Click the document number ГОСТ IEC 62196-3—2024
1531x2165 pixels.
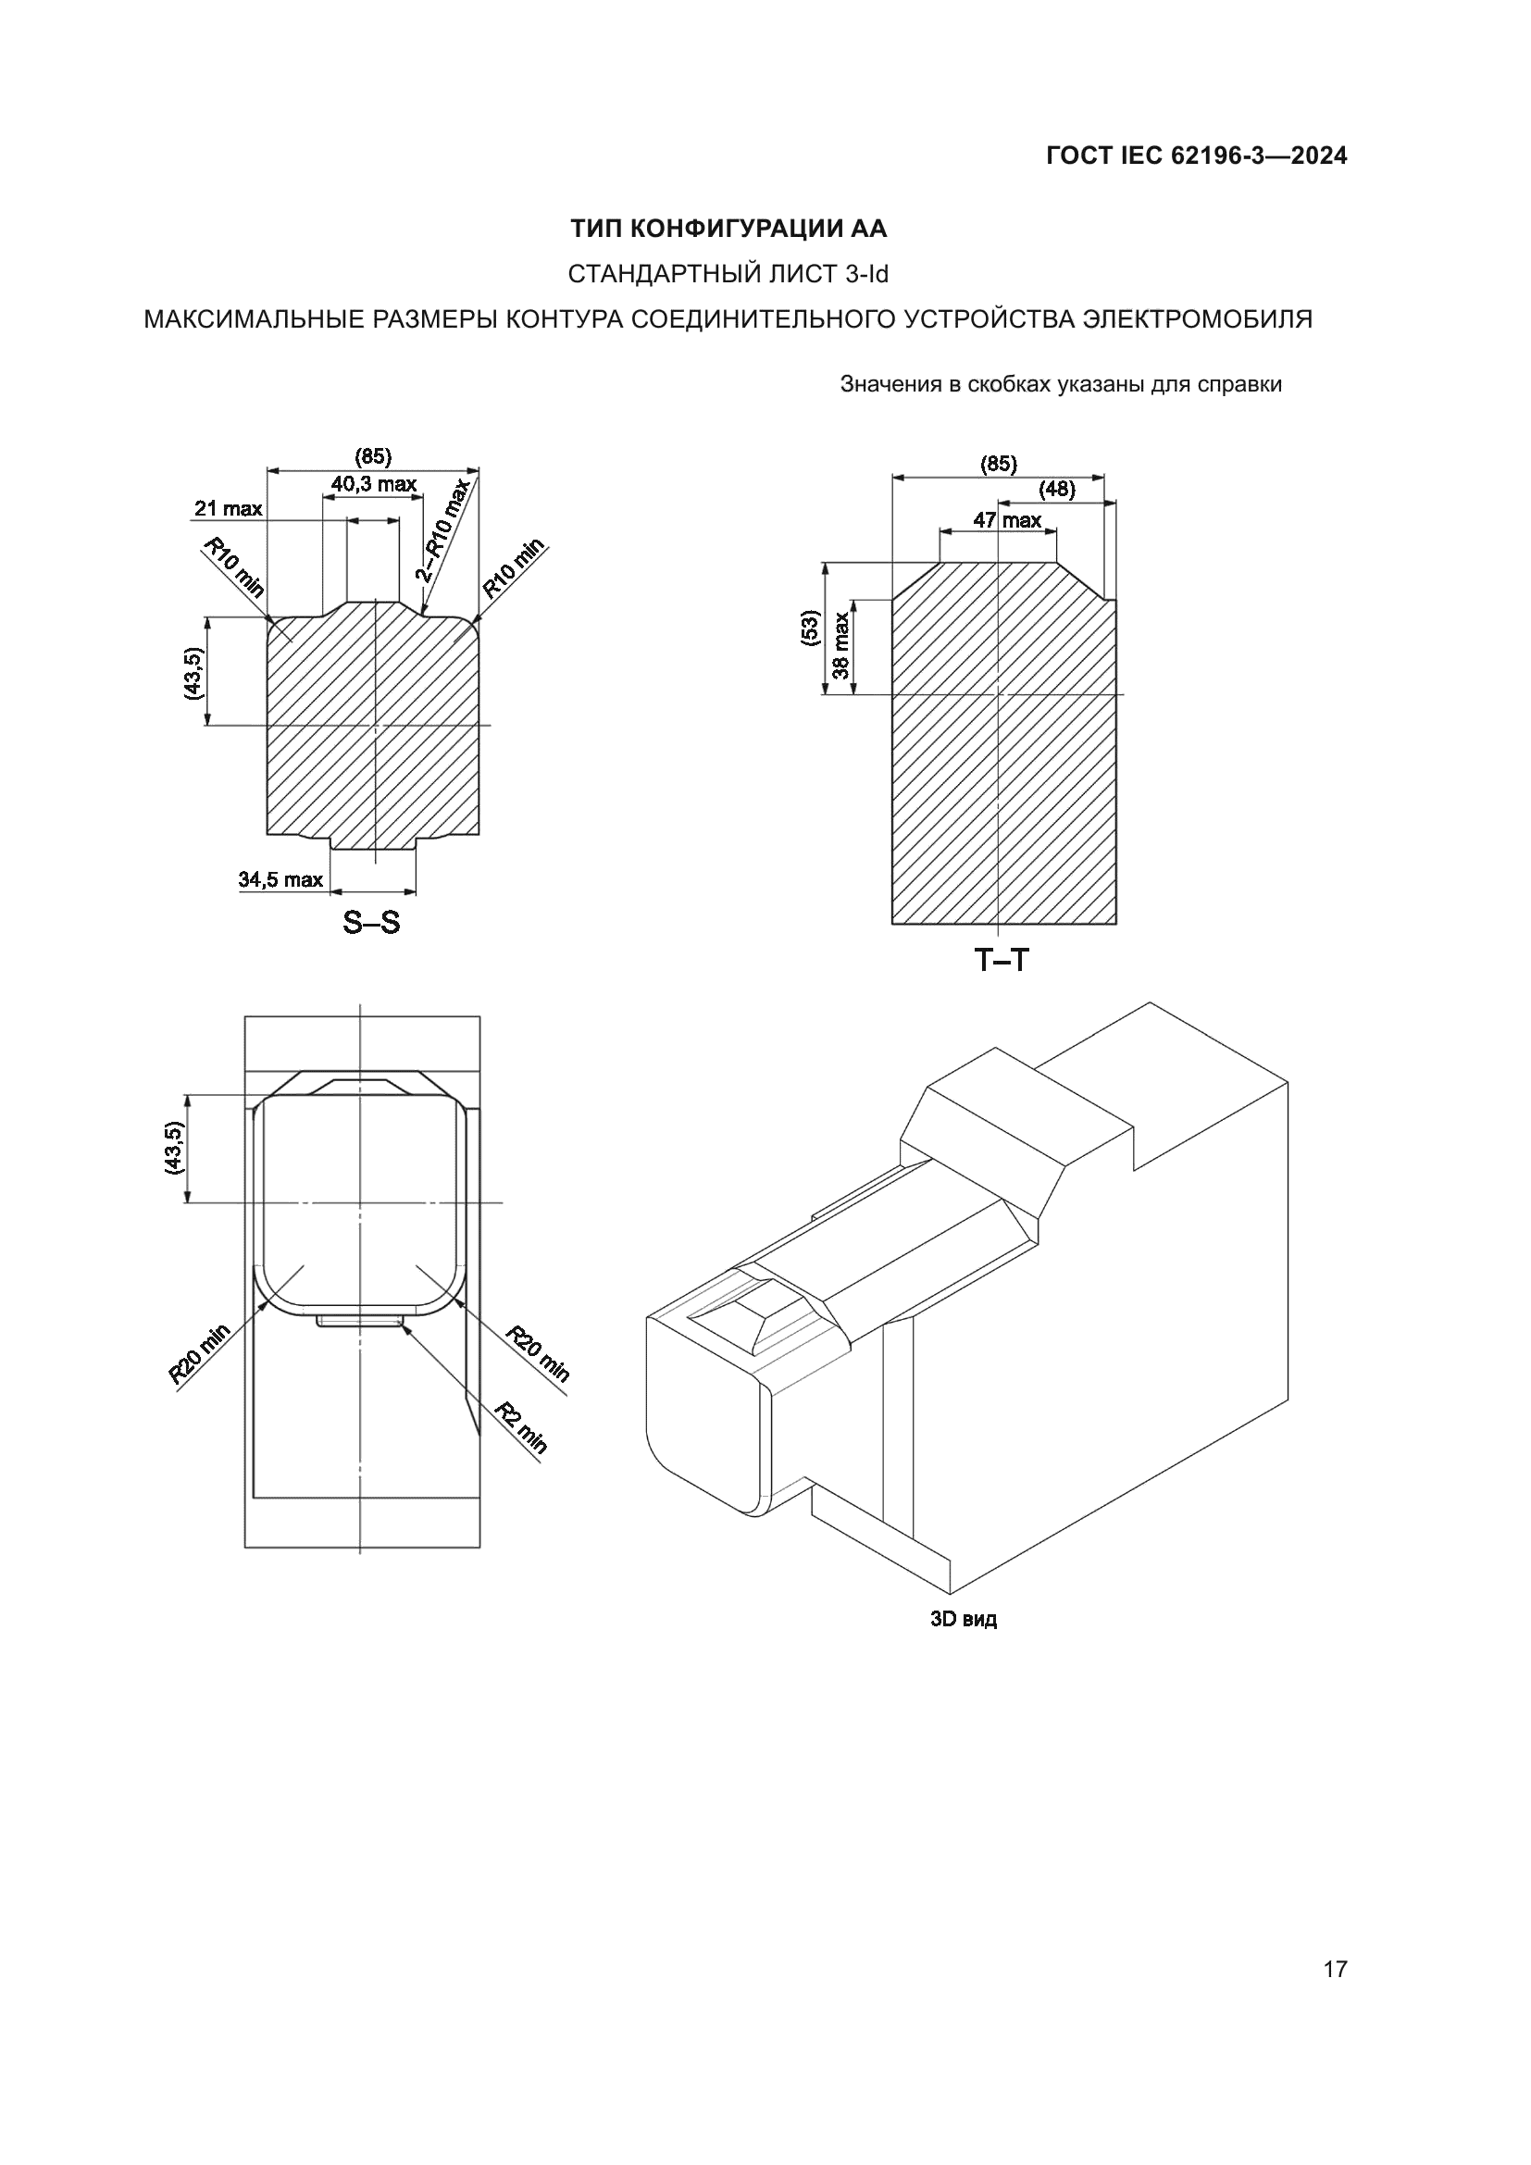[x=1195, y=156]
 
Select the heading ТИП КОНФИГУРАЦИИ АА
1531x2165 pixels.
[x=728, y=230]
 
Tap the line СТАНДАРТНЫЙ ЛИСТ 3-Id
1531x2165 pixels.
[x=728, y=274]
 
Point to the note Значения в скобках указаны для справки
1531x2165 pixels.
[x=1061, y=385]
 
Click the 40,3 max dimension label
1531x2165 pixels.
[x=373, y=485]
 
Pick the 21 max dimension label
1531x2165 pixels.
[x=228, y=509]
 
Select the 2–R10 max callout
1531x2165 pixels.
[x=443, y=530]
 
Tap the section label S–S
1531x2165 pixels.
[x=371, y=922]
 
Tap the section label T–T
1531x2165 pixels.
[x=1002, y=961]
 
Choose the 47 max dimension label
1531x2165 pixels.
[x=1007, y=520]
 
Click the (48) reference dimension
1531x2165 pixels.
[x=1057, y=490]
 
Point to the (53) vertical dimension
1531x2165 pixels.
[x=810, y=628]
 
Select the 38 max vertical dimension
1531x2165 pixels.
[x=840, y=648]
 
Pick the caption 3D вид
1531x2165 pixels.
[x=964, y=1619]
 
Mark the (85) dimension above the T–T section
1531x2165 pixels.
[x=999, y=464]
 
